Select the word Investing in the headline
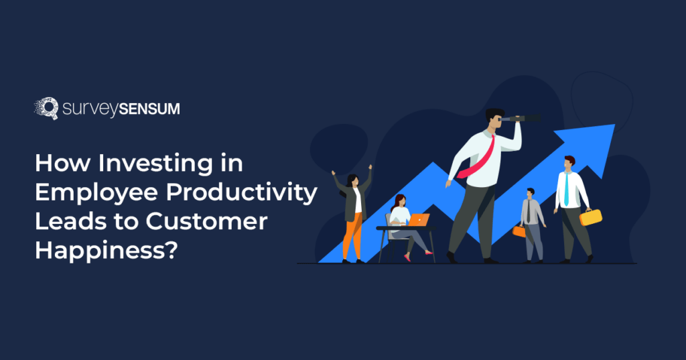point(164,164)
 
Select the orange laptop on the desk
point(419,220)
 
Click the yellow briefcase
point(591,217)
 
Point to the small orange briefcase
point(519,231)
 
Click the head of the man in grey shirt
point(531,193)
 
